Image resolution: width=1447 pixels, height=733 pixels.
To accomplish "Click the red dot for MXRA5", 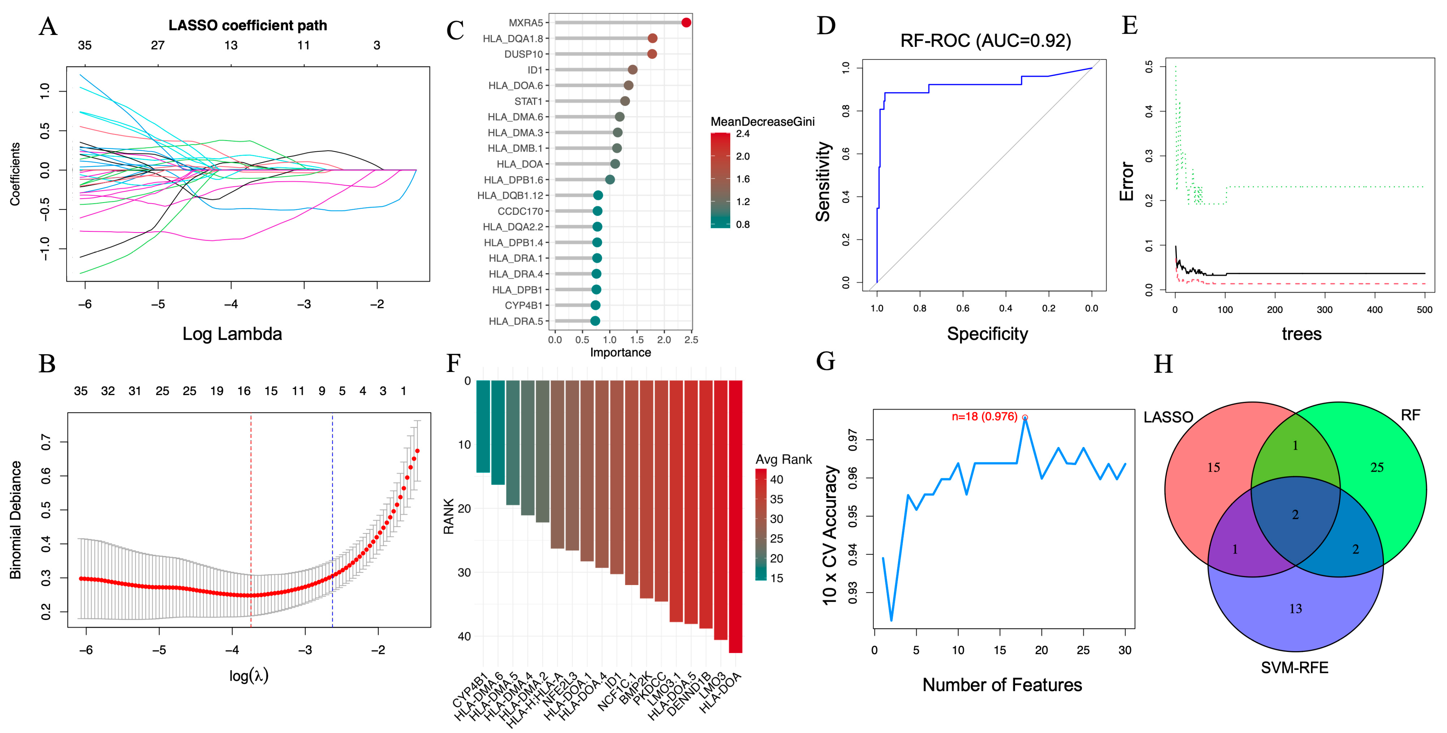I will [686, 22].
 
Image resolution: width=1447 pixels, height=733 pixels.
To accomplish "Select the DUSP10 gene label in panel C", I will [524, 54].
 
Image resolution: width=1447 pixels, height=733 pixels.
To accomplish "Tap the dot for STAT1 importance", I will [625, 101].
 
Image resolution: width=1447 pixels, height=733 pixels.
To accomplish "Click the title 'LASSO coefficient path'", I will [248, 25].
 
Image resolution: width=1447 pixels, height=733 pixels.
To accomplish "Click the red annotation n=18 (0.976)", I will [984, 416].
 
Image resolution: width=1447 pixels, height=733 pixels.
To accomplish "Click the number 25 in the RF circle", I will [1377, 467].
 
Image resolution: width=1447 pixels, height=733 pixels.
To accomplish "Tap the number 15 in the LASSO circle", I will [1213, 467].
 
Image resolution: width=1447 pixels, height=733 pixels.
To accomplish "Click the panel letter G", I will [825, 361].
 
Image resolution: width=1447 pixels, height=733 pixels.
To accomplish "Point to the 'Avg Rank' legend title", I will [784, 459].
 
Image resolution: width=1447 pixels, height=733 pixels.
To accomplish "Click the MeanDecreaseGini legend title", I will [762, 121].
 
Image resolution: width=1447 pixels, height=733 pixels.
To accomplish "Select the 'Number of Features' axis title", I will [1002, 685].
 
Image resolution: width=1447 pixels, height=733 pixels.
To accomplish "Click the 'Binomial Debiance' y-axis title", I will [16, 520].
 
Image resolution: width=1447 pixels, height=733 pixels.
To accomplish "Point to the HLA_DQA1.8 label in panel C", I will [513, 38].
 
